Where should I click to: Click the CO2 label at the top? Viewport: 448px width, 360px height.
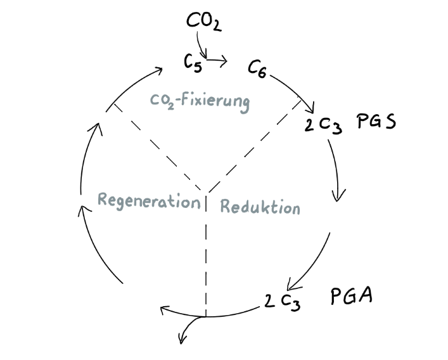(x=203, y=22)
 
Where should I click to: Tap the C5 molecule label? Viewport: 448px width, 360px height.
(x=193, y=63)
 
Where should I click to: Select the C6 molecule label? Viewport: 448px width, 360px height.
(x=257, y=69)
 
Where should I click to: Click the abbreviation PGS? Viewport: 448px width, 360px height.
(x=376, y=122)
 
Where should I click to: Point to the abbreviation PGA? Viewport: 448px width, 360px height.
(x=352, y=295)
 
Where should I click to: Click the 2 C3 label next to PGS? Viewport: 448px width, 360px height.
(x=323, y=125)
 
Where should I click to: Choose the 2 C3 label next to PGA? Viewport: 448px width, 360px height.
(x=282, y=302)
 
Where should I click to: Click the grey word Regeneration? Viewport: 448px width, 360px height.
(x=149, y=201)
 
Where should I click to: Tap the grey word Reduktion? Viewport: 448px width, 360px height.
(x=260, y=207)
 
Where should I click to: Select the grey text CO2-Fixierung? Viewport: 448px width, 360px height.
(x=200, y=102)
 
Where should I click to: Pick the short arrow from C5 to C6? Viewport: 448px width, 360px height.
(x=217, y=60)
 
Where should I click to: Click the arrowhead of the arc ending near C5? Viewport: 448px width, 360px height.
(x=158, y=70)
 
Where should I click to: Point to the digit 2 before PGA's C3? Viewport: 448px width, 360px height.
(x=269, y=300)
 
